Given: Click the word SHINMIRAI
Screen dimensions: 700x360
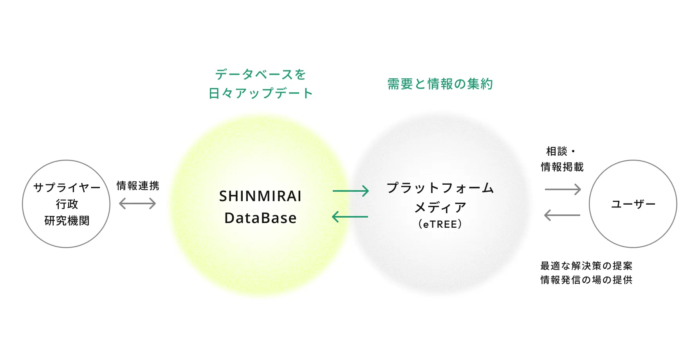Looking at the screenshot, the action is tap(260, 196).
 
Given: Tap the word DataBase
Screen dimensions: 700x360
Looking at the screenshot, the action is tap(260, 218).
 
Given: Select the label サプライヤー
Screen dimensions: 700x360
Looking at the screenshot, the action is tap(67, 187).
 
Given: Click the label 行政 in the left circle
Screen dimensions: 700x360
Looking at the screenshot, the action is tap(67, 204).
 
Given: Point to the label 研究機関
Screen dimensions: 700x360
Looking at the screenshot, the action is tap(67, 221).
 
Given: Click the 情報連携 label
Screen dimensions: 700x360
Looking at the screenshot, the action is tap(138, 185).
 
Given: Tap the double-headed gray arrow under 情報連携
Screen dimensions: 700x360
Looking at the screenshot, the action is tap(137, 203).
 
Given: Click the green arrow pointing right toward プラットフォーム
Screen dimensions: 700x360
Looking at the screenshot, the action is tap(351, 191).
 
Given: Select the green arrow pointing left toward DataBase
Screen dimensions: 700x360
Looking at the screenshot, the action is tap(350, 216).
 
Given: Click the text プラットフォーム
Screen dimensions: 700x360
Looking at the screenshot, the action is tap(440, 188).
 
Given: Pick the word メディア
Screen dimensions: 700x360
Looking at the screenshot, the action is tap(440, 207).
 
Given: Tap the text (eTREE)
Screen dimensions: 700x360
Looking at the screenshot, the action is tap(440, 224).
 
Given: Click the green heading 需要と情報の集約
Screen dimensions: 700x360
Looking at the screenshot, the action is tap(440, 84).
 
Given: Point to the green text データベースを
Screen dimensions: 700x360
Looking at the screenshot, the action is tap(260, 74).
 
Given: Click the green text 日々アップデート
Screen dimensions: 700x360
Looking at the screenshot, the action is tap(260, 93).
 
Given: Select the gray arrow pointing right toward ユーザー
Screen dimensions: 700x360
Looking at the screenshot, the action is tap(563, 189).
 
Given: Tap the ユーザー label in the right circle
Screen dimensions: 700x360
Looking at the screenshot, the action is tap(633, 204).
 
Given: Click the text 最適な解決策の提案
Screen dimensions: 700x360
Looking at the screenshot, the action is tap(586, 266).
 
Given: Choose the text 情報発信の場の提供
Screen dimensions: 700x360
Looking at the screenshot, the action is tap(586, 280).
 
